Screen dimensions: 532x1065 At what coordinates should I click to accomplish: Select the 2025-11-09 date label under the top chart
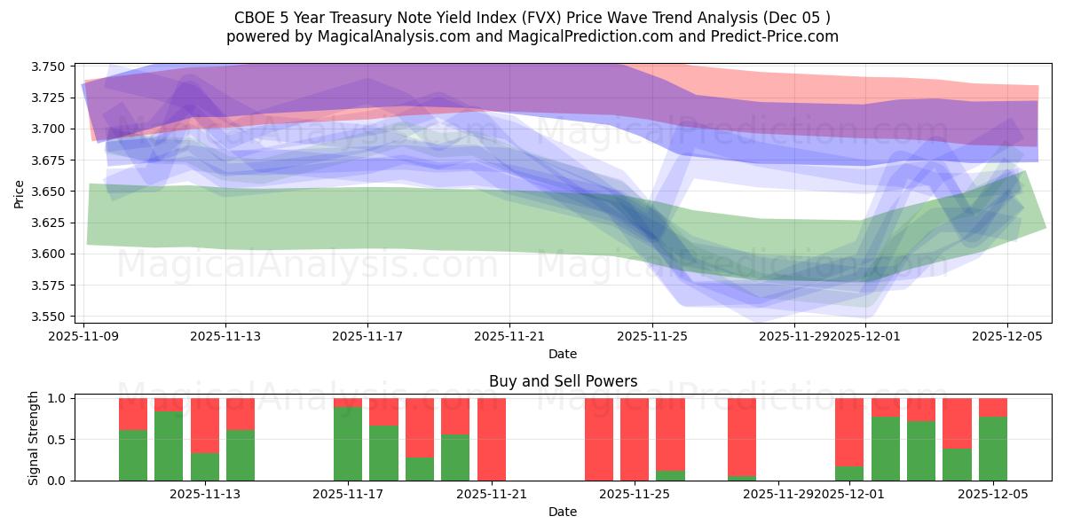[83, 336]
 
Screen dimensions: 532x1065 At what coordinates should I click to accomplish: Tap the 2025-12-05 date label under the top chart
[1007, 336]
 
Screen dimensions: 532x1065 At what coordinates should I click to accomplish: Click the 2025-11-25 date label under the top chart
[652, 336]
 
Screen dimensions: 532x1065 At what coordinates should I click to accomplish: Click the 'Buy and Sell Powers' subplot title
[563, 382]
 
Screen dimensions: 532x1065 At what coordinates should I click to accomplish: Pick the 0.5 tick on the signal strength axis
[59, 440]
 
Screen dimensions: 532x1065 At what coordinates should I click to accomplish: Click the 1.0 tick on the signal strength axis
[59, 399]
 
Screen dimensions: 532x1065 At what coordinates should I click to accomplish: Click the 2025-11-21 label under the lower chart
[492, 495]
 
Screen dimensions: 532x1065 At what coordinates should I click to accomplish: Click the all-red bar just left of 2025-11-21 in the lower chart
[492, 440]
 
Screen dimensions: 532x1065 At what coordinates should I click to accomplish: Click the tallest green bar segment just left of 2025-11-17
[348, 443]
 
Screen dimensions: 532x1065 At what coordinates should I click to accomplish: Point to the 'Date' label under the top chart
[563, 354]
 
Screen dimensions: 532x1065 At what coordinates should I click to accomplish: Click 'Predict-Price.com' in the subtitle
[771, 36]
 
